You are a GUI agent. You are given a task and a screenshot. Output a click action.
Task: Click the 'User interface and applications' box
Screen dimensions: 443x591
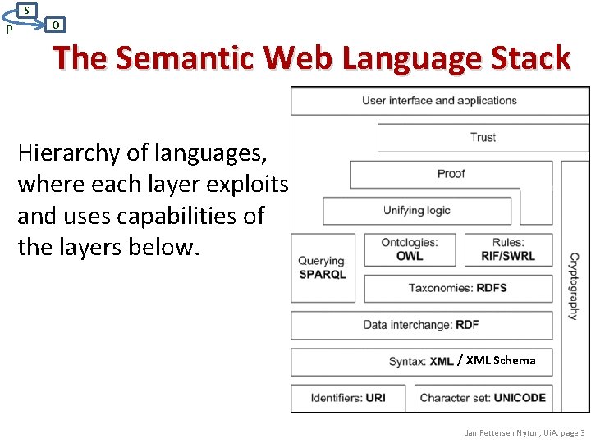439,101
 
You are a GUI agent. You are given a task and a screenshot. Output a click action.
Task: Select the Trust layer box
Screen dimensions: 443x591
483,137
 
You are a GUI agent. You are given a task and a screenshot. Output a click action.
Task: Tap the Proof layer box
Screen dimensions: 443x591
451,174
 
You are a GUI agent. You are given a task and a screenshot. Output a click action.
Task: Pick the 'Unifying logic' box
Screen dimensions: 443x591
416,211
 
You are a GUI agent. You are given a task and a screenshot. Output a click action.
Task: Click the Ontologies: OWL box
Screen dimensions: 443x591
410,249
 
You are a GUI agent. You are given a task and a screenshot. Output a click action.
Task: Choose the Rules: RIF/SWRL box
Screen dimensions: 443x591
508,249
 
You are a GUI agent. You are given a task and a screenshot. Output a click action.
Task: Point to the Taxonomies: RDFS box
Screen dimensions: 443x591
457,288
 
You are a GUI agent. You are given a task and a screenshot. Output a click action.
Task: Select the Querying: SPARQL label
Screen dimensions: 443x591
323,267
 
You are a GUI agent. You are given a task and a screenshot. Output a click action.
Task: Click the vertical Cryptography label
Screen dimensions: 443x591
573,286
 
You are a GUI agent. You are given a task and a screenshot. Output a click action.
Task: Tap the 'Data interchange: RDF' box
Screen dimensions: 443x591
421,325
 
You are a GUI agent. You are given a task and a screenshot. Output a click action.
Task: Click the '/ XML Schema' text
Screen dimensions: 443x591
497,360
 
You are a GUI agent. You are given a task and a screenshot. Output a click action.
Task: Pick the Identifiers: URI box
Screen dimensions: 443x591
348,398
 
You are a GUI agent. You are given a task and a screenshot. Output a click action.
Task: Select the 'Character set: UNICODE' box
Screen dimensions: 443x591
483,398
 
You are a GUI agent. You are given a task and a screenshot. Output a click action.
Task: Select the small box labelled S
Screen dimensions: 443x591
27,10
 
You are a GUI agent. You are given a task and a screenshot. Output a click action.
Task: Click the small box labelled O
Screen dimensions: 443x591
54,25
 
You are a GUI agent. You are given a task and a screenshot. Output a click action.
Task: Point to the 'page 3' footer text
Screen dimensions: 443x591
570,432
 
